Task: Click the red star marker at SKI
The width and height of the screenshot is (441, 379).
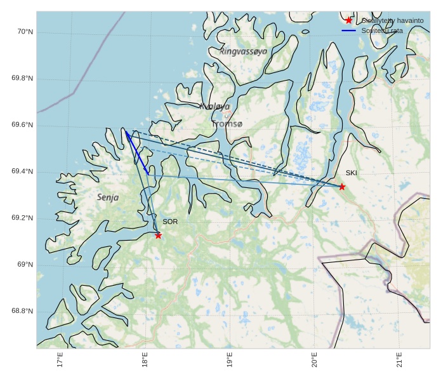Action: (x=342, y=187)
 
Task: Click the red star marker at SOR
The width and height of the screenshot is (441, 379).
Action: (x=158, y=236)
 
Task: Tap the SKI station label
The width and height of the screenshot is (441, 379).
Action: (x=352, y=173)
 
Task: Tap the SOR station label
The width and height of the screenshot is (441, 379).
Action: (x=170, y=222)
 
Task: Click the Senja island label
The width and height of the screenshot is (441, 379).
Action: (x=108, y=197)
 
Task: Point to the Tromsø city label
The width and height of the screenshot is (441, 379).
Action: (x=227, y=124)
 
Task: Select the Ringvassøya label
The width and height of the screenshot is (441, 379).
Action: (x=244, y=51)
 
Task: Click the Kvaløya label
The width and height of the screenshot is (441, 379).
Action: (x=214, y=107)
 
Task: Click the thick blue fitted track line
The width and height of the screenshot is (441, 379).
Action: (x=137, y=153)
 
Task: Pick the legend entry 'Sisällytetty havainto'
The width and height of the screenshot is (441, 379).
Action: (x=392, y=21)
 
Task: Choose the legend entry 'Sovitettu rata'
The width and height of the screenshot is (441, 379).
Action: (x=382, y=30)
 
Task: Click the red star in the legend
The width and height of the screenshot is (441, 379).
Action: (x=349, y=21)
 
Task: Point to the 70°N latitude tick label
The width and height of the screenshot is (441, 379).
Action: (x=24, y=32)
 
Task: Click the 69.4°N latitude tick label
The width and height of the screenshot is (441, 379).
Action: (x=22, y=172)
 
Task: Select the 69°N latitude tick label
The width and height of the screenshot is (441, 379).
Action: (x=25, y=265)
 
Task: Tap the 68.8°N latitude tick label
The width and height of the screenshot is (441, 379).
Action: (x=22, y=311)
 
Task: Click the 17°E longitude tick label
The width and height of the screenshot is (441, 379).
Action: (x=60, y=360)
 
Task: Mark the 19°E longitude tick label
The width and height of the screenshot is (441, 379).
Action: (x=230, y=360)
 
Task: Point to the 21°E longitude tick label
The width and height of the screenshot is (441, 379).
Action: (x=399, y=360)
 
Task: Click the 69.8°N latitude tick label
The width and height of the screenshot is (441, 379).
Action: (x=22, y=79)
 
